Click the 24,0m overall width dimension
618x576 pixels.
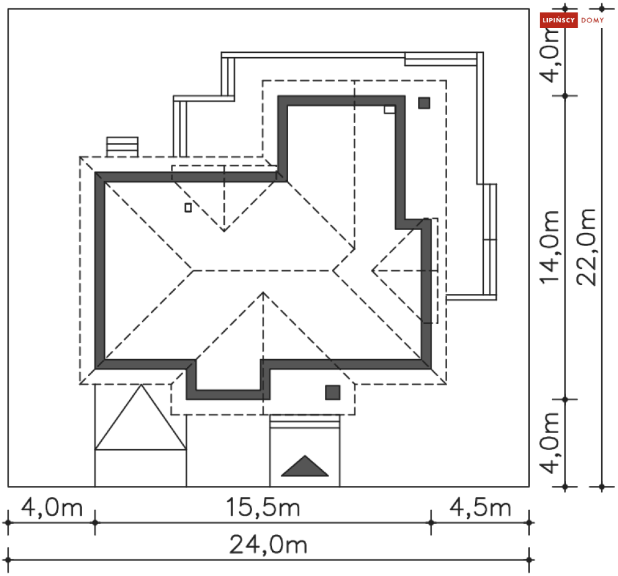(268, 544)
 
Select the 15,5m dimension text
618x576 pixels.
(263, 507)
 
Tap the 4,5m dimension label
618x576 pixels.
(481, 507)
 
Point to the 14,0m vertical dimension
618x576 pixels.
(550, 247)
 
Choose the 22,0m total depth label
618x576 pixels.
(586, 247)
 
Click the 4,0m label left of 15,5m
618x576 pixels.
(52, 507)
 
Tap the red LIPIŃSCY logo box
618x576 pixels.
(558, 20)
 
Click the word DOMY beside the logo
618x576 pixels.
(593, 20)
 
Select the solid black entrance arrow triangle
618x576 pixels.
(305, 467)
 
